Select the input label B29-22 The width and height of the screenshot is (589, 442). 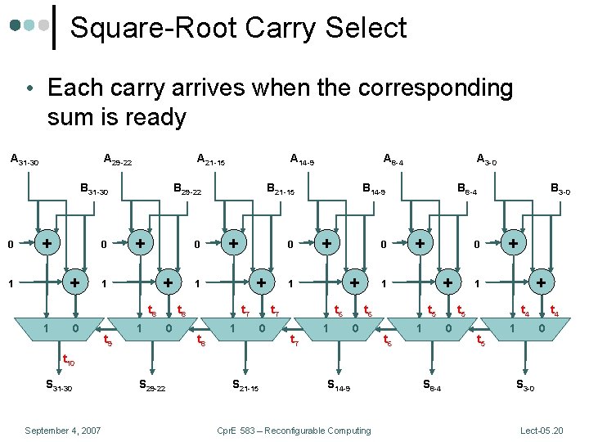(x=187, y=191)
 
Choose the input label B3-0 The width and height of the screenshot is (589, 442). (x=560, y=191)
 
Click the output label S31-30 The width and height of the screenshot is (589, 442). (x=57, y=386)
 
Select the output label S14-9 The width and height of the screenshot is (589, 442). (x=338, y=386)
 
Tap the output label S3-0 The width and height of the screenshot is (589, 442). (x=524, y=386)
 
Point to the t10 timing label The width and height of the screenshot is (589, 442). (x=69, y=359)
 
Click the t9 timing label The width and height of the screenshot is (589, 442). (x=106, y=342)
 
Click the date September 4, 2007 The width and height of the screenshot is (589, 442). (x=63, y=430)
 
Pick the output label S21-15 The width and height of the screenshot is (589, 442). (x=245, y=386)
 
